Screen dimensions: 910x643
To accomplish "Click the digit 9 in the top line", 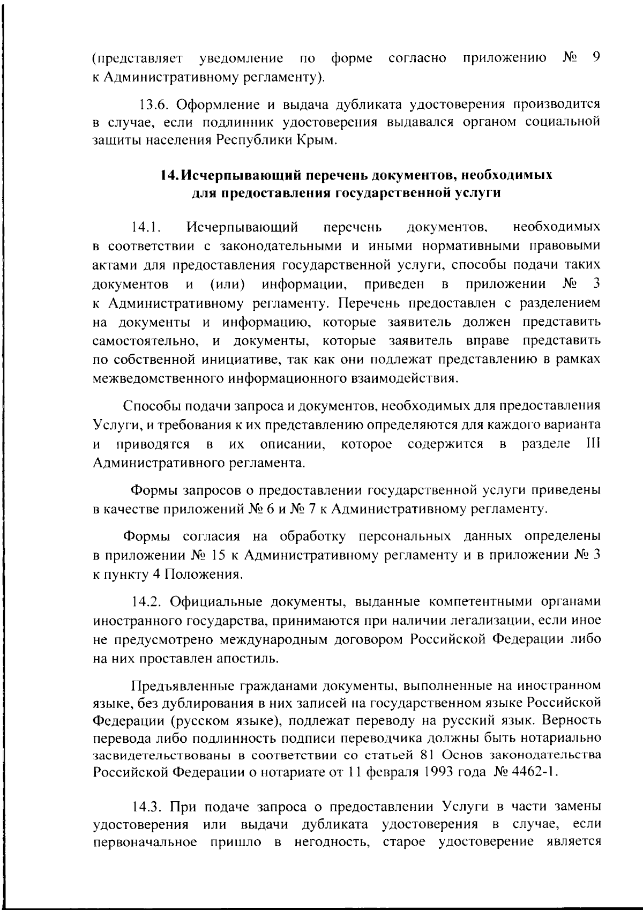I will click(x=595, y=57).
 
